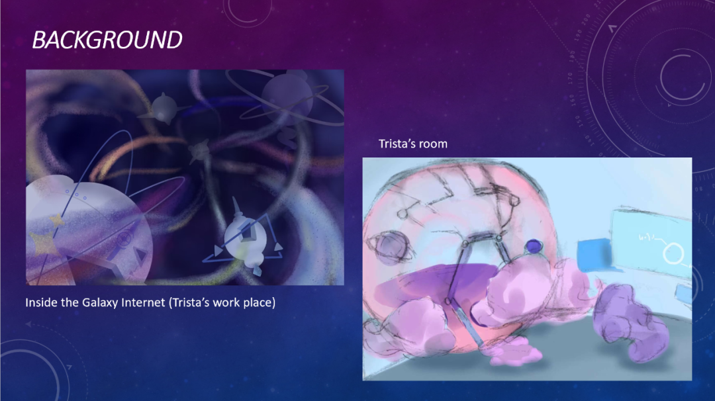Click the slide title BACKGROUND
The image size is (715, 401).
pyautogui.click(x=107, y=40)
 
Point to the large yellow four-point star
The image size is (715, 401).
pyautogui.click(x=44, y=246)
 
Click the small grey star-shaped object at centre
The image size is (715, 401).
pyautogui.click(x=199, y=150)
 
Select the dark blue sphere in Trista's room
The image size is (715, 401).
pyautogui.click(x=533, y=247)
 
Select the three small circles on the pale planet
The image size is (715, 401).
pyautogui.click(x=76, y=195)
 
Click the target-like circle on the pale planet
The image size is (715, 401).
pyautogui.click(x=124, y=238)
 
